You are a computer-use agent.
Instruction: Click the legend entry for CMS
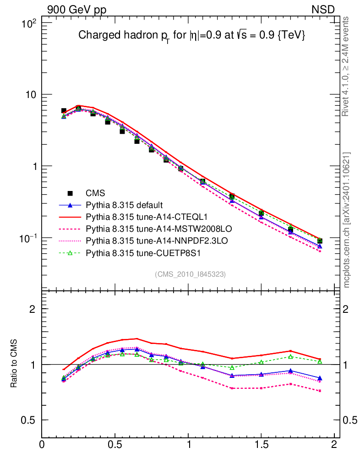(x=95, y=193)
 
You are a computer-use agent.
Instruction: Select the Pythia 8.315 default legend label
(x=125, y=205)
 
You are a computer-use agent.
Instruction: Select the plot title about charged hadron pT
(x=191, y=36)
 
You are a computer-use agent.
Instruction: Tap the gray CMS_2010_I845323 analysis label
(x=191, y=274)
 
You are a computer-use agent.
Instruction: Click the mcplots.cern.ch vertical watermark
(x=347, y=220)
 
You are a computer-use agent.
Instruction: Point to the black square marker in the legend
(x=70, y=193)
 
